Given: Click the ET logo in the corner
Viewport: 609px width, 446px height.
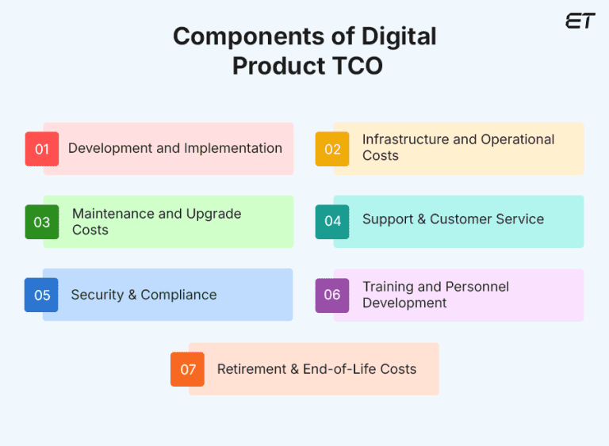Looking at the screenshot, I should tap(580, 21).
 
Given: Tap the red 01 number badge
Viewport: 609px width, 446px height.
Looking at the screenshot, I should tap(42, 149).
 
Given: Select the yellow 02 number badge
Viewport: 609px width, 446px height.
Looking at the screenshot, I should tap(332, 149).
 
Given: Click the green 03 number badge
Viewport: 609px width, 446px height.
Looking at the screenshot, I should tap(42, 222).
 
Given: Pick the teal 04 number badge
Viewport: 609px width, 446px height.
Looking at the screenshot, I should tap(332, 221).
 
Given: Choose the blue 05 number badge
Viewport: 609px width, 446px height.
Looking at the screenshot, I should tap(42, 295).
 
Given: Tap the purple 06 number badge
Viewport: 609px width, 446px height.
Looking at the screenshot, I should tap(332, 295).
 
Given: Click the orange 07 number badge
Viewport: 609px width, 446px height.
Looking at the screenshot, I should tap(188, 369).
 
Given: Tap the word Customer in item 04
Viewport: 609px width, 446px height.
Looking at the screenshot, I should tap(459, 219).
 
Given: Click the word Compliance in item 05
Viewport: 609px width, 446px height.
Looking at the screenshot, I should tap(179, 295).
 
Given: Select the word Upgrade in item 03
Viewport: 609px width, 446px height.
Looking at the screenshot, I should tap(213, 214).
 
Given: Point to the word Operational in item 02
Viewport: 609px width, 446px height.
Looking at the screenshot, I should tap(517, 139).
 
